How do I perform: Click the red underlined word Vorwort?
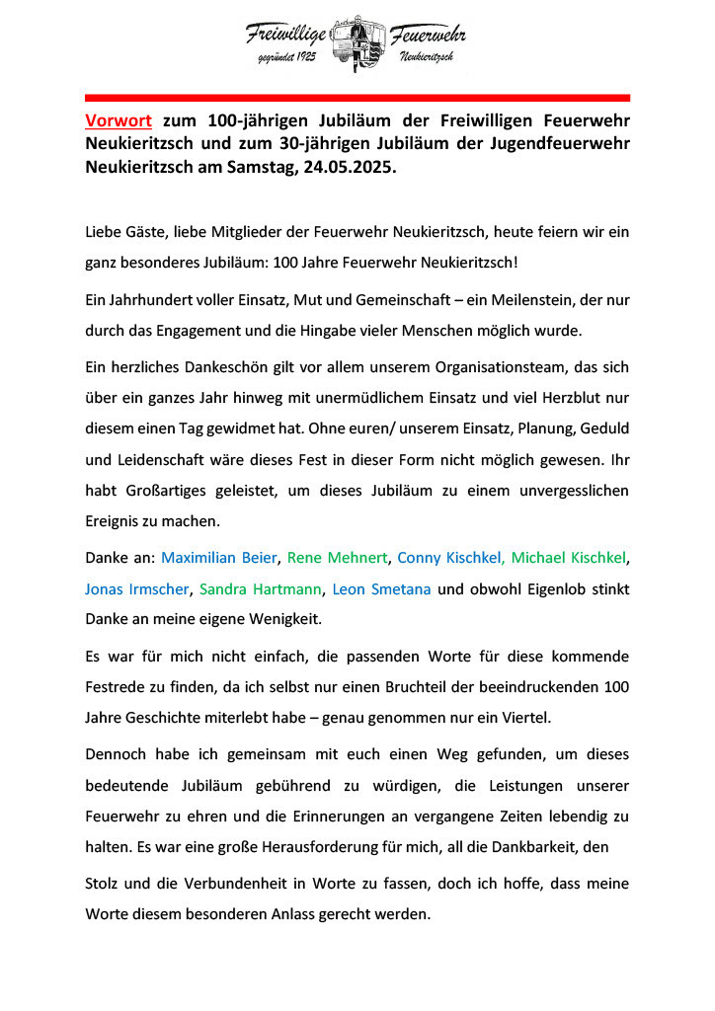click(119, 122)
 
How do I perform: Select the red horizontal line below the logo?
click(357, 98)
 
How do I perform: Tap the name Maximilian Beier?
click(219, 558)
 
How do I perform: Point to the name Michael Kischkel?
click(569, 558)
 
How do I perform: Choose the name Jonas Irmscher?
click(136, 589)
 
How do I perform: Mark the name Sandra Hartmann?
click(260, 589)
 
